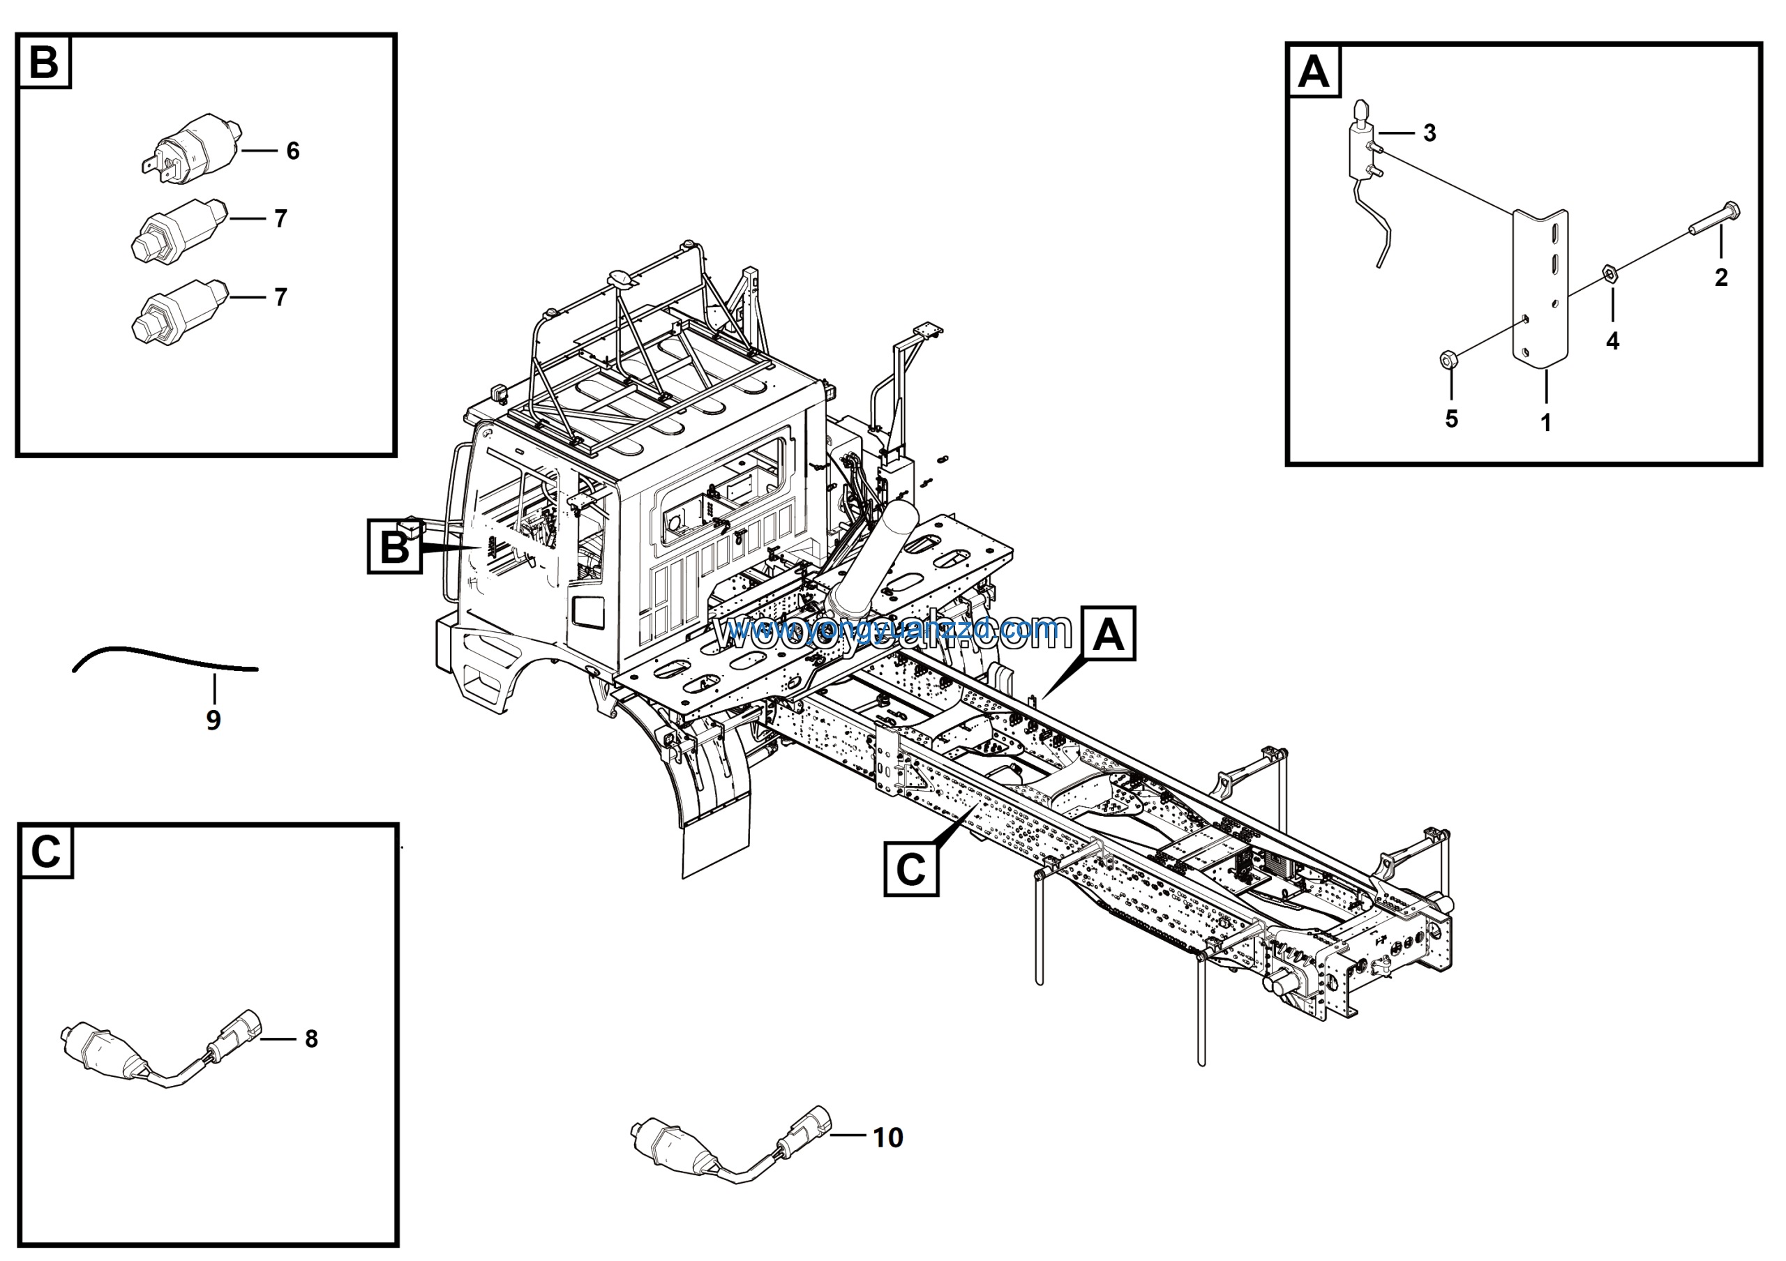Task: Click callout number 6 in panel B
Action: click(292, 151)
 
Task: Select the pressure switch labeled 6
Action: click(195, 148)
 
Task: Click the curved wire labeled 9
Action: click(163, 658)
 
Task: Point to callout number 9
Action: click(213, 720)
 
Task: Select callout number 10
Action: click(887, 1138)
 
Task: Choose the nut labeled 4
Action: click(1612, 272)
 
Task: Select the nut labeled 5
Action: click(1448, 359)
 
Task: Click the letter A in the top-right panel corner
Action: click(1314, 72)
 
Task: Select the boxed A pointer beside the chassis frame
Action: click(1109, 633)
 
